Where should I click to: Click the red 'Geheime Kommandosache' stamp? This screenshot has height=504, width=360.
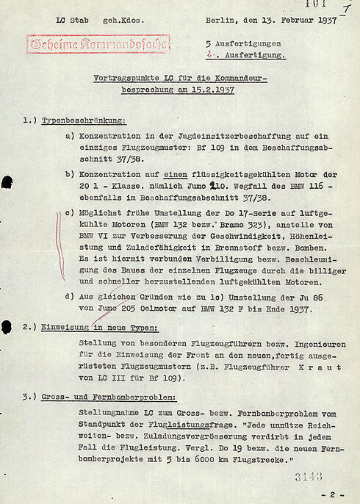98,44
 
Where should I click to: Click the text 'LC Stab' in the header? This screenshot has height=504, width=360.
71,20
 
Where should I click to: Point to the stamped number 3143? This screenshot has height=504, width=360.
309,477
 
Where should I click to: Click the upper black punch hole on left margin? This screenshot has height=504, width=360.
7,182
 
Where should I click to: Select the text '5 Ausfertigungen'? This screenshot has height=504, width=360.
245,43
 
